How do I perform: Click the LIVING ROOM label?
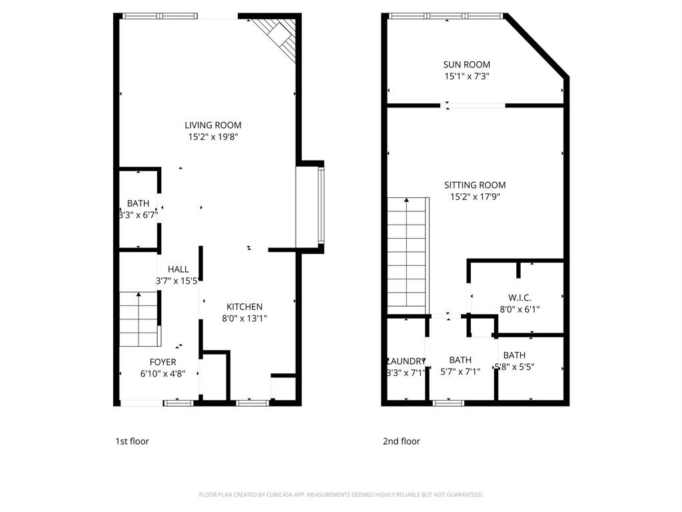[x=213, y=125]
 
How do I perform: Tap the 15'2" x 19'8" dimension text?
[x=213, y=137]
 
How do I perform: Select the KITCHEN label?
[x=244, y=307]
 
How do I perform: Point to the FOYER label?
[x=163, y=362]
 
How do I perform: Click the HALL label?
[x=178, y=269]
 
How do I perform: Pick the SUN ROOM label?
[x=466, y=65]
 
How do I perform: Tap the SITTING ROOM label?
[x=475, y=185]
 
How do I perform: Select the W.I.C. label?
[x=519, y=297]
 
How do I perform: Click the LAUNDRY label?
[x=405, y=361]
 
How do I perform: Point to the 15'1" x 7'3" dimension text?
[x=466, y=77]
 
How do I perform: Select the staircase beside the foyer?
[x=139, y=319]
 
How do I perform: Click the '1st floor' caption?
[x=132, y=441]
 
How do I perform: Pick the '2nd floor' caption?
[x=401, y=441]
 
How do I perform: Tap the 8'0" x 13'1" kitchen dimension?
[x=244, y=319]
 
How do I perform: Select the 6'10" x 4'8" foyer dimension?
[x=163, y=374]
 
